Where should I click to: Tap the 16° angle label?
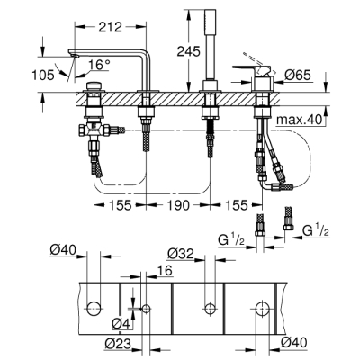point(100,65)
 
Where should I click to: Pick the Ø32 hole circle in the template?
point(209,309)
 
